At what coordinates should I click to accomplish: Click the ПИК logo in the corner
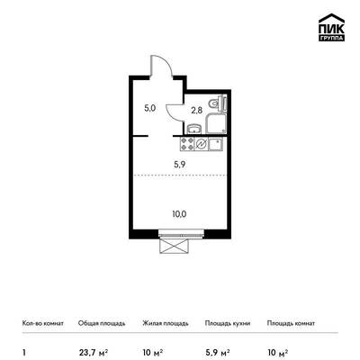pyautogui.click(x=331, y=27)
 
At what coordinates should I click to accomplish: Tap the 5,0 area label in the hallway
pyautogui.click(x=149, y=108)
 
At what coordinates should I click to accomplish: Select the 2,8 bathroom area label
pyautogui.click(x=197, y=111)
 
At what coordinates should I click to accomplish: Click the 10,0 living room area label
pyautogui.click(x=179, y=214)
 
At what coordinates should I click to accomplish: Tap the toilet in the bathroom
pyautogui.click(x=219, y=103)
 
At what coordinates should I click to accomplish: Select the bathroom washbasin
pyautogui.click(x=194, y=129)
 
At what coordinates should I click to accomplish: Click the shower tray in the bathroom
pyautogui.click(x=216, y=123)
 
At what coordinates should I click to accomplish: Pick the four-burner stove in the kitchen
pyautogui.click(x=187, y=144)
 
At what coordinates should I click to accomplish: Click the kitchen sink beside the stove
pyautogui.click(x=215, y=144)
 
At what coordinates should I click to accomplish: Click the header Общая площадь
pyautogui.click(x=102, y=323)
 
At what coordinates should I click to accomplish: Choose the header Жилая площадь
pyautogui.click(x=166, y=323)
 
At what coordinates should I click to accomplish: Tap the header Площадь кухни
pyautogui.click(x=228, y=323)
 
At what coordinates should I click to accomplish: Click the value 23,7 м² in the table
pyautogui.click(x=94, y=352)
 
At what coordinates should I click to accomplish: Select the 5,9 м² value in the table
pyautogui.click(x=218, y=352)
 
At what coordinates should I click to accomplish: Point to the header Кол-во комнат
pyautogui.click(x=43, y=323)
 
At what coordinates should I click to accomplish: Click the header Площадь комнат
pyautogui.click(x=291, y=323)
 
